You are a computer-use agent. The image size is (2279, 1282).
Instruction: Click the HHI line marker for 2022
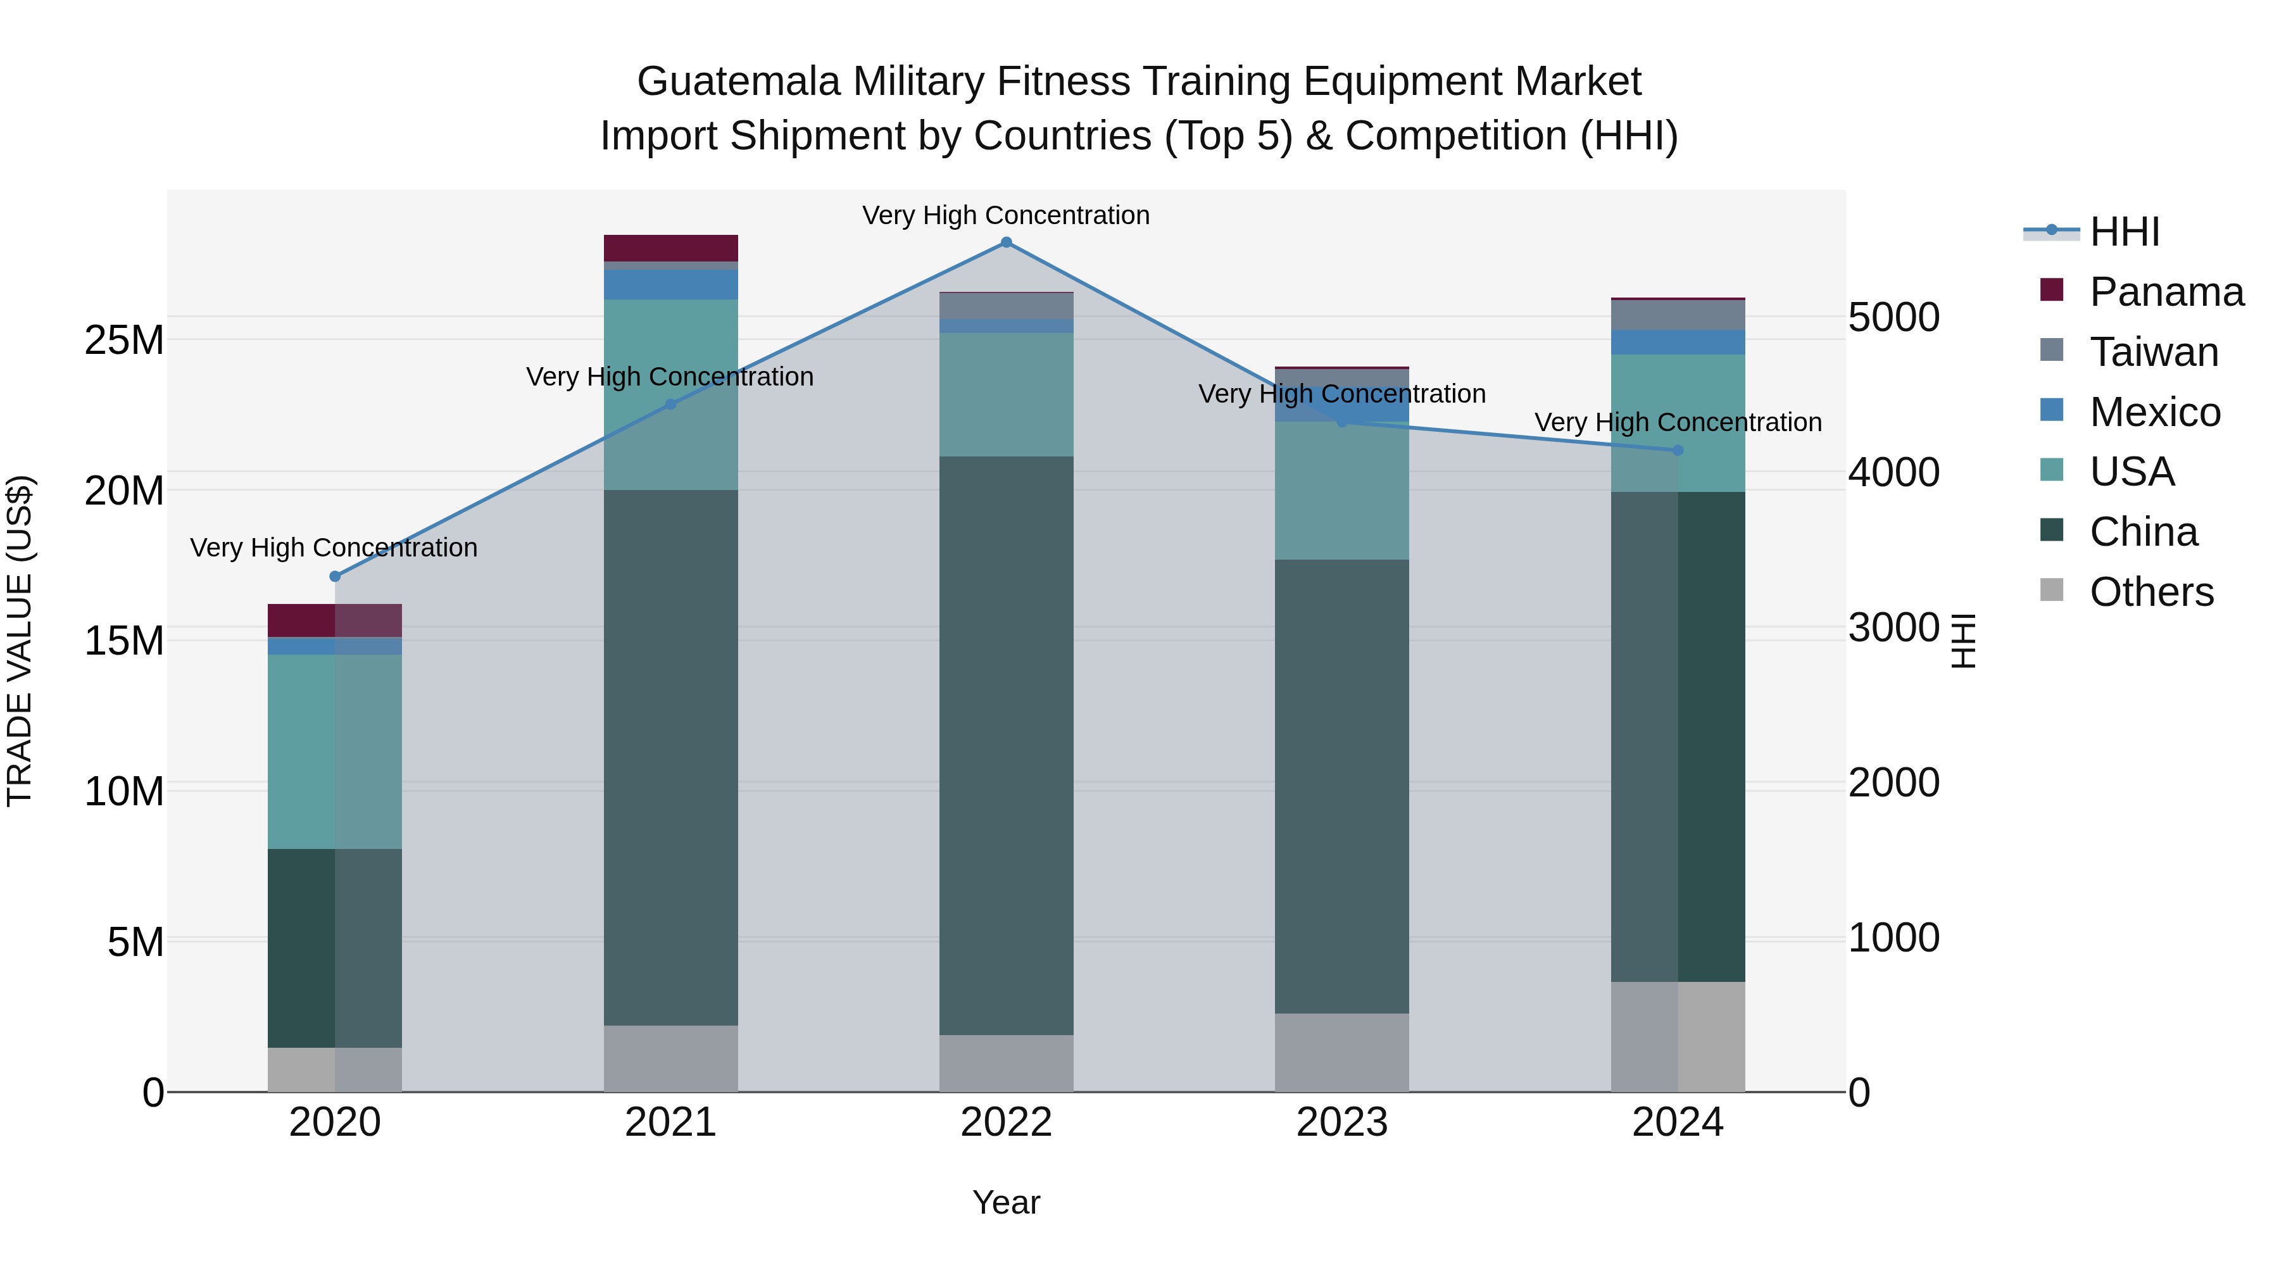point(1006,242)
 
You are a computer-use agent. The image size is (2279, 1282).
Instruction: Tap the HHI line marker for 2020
point(334,577)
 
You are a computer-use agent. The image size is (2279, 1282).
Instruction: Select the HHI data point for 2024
point(1678,450)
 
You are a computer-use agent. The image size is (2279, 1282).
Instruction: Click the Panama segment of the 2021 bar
point(670,248)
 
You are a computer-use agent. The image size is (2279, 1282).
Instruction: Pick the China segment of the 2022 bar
point(1006,745)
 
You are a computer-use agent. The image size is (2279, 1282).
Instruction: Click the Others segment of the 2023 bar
point(1341,1052)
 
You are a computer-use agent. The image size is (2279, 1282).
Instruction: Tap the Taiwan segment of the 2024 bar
point(1678,315)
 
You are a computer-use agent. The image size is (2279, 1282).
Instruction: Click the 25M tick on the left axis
point(124,340)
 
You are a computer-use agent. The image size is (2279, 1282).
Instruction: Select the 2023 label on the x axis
point(1341,1122)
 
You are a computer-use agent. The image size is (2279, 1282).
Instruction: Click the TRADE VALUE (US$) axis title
point(20,641)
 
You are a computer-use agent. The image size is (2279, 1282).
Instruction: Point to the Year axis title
point(1006,1202)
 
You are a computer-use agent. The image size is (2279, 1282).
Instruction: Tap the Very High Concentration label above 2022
point(1006,215)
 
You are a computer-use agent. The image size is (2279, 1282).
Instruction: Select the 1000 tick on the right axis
point(1894,937)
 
